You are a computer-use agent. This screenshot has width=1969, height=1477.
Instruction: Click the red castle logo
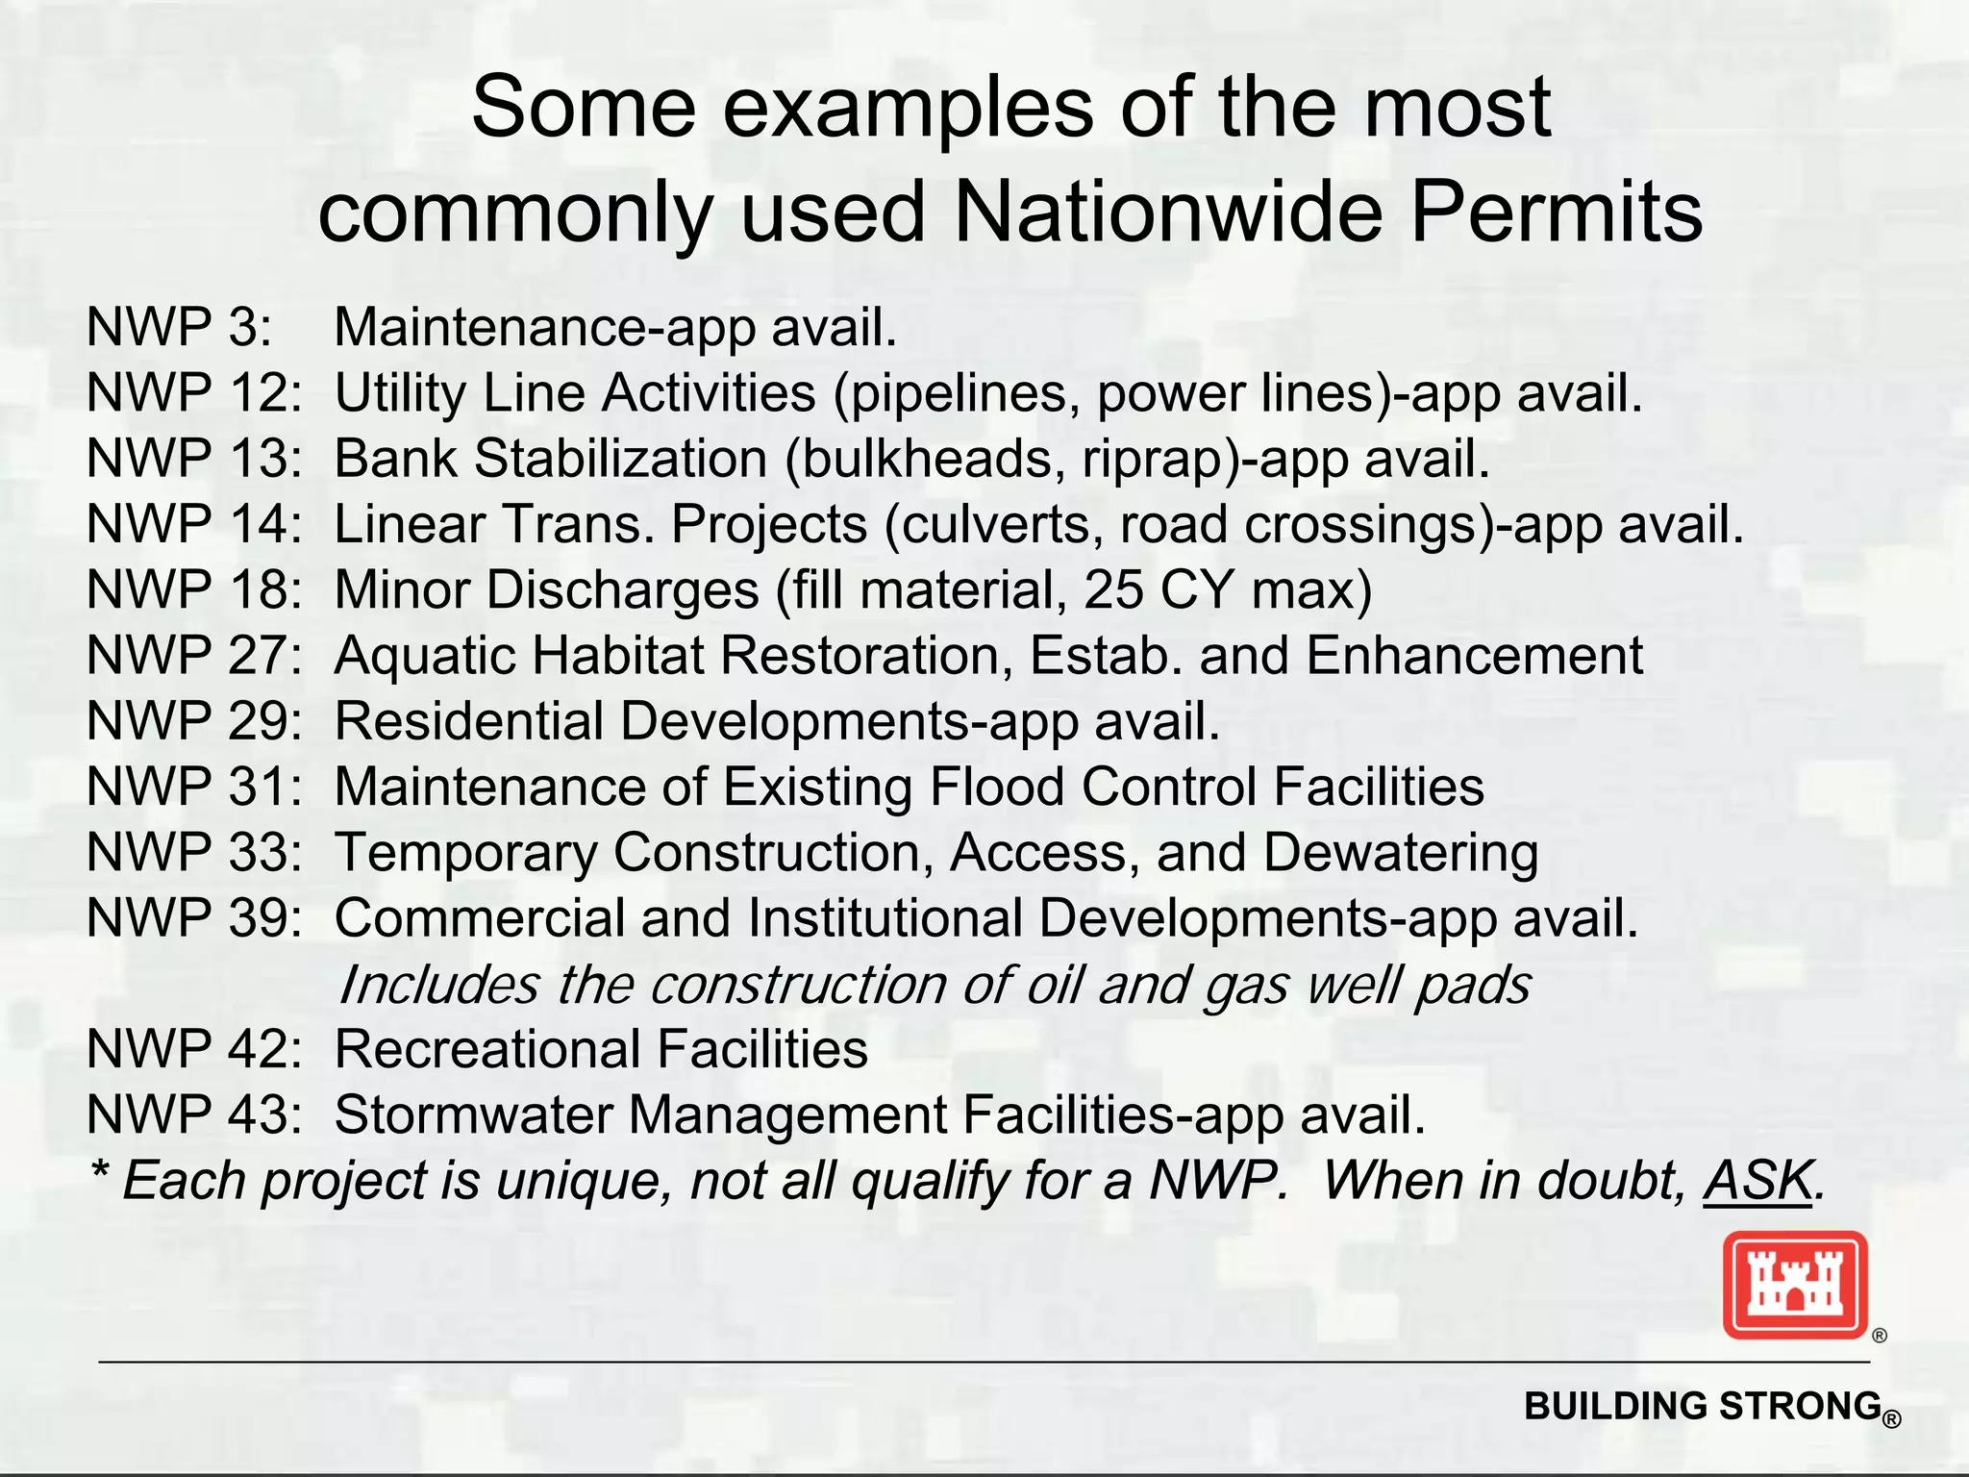point(1794,1285)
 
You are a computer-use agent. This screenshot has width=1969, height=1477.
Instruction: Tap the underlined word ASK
point(1758,1181)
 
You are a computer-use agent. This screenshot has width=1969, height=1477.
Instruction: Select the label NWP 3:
point(179,327)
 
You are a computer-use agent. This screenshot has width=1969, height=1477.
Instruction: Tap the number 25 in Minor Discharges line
point(1113,589)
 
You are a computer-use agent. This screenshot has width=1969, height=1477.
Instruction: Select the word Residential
point(469,721)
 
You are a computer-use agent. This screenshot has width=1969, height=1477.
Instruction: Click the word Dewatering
point(1400,853)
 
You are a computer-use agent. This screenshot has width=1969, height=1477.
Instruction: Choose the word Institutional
point(885,918)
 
